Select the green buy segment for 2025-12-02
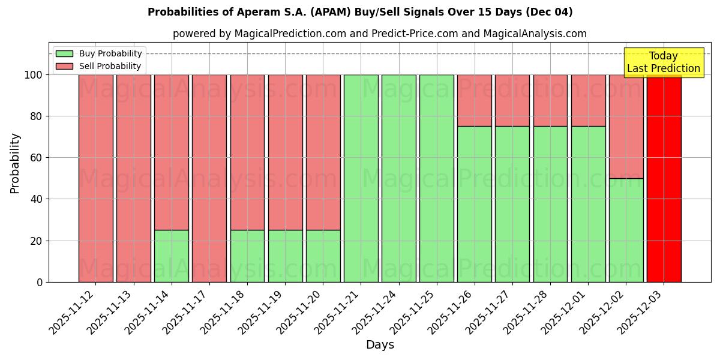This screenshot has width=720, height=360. (626, 230)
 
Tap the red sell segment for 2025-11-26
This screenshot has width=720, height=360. (474, 100)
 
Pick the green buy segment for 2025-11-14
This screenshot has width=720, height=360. (171, 256)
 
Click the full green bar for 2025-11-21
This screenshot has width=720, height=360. (361, 178)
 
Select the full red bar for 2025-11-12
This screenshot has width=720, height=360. (95, 178)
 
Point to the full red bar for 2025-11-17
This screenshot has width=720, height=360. (209, 178)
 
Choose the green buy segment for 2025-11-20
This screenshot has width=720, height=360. (323, 256)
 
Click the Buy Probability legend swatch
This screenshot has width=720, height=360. (64, 54)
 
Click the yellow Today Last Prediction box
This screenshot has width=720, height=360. (663, 62)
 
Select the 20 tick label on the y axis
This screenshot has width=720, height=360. (36, 241)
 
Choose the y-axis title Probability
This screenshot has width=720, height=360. (15, 163)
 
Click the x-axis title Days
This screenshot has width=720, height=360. (380, 345)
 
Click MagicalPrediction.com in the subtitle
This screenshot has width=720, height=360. (290, 34)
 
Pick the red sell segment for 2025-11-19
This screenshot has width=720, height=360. (285, 152)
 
